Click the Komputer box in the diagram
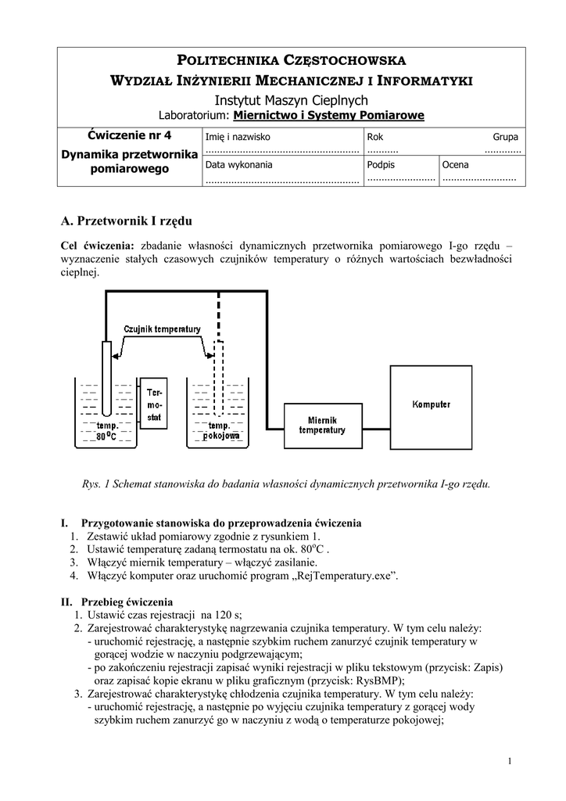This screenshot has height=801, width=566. tap(431, 404)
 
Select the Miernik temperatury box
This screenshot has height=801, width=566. tap(321, 425)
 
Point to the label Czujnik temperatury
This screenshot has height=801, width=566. tap(162, 329)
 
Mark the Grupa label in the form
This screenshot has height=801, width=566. tap(505, 136)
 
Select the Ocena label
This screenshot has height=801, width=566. tap(455, 165)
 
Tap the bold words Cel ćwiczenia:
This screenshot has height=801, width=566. tap(98, 244)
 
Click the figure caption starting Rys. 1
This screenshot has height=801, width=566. tap(286, 483)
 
